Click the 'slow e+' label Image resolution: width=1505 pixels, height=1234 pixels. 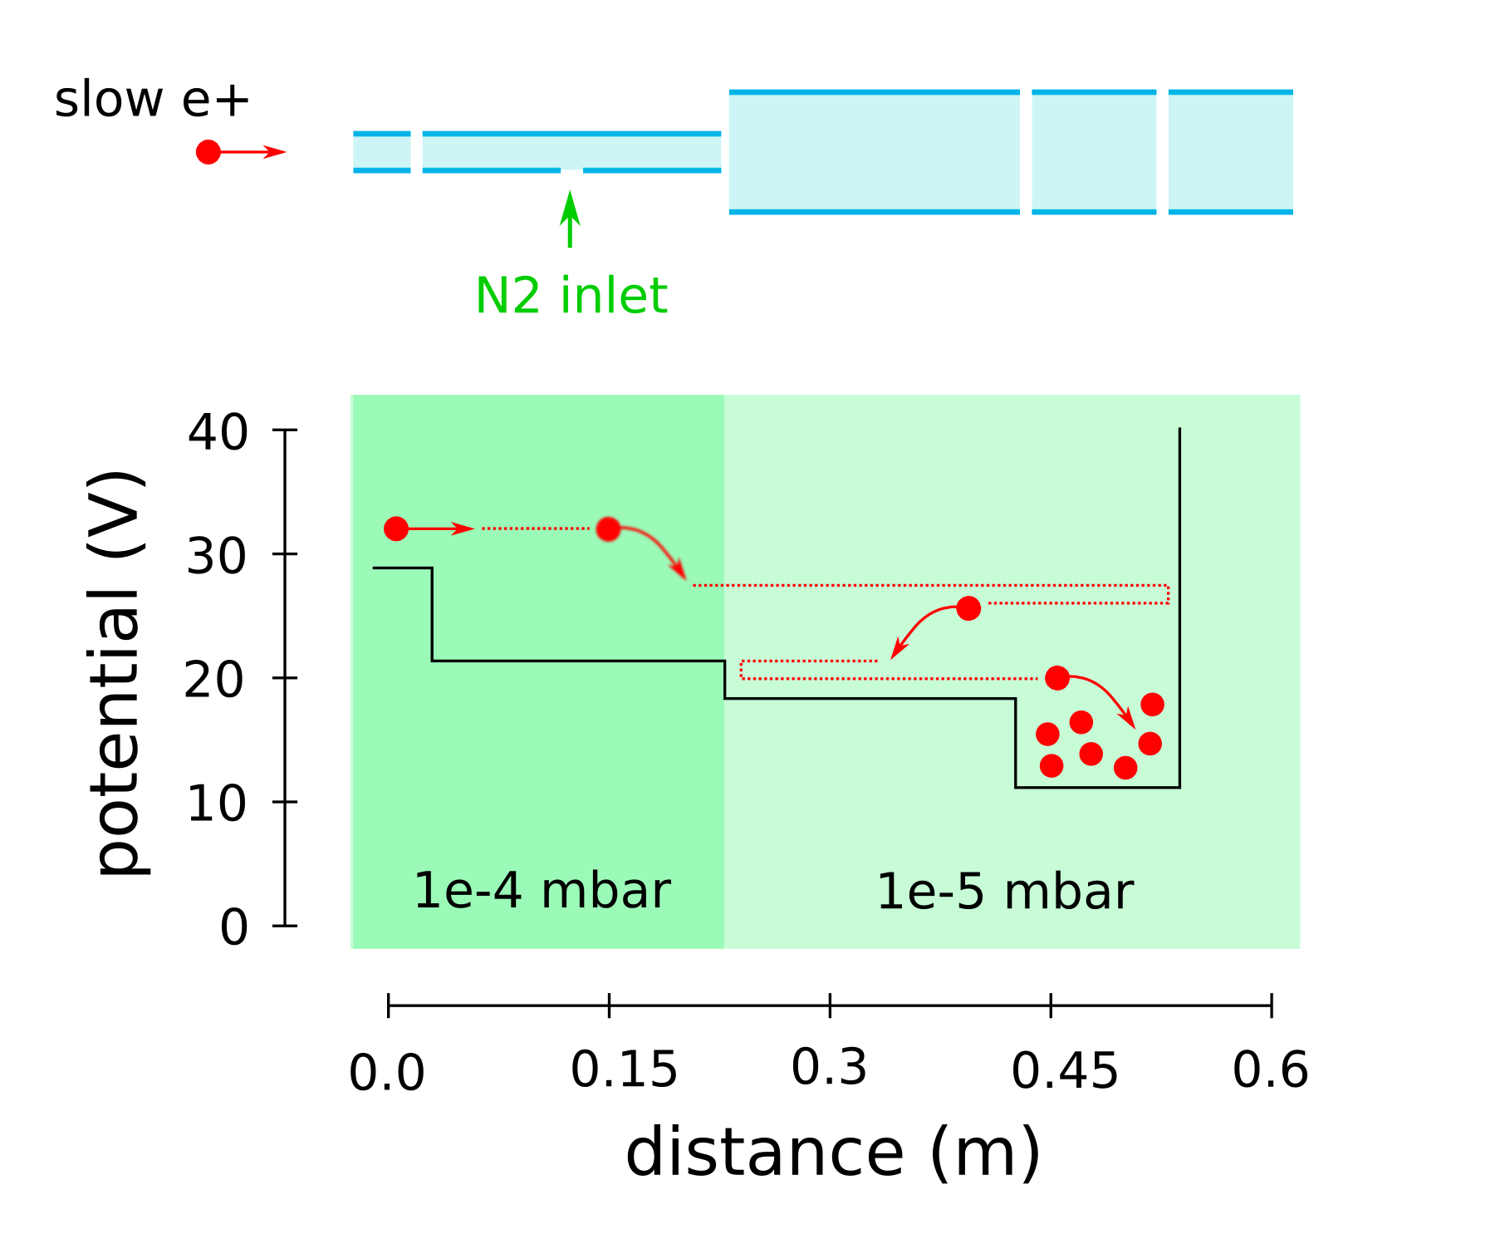click(x=151, y=101)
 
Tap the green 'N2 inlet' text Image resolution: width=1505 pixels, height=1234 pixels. click(x=571, y=296)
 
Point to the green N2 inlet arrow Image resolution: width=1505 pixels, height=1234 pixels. click(x=570, y=219)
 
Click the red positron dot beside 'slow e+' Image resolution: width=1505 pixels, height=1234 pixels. click(x=208, y=152)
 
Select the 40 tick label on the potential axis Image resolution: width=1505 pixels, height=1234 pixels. click(x=218, y=432)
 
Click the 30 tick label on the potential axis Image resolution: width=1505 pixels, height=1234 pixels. click(x=217, y=556)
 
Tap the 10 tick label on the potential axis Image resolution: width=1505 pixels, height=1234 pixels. click(x=217, y=804)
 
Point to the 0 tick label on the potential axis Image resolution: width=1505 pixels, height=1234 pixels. click(x=233, y=927)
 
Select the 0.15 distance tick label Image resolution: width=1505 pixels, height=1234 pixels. click(x=624, y=1069)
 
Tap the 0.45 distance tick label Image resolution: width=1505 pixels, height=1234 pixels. click(x=1065, y=1070)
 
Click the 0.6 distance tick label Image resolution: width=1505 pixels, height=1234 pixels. click(x=1270, y=1069)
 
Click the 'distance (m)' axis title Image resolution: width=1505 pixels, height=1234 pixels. click(x=832, y=1153)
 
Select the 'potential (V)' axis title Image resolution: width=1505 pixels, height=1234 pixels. click(x=119, y=673)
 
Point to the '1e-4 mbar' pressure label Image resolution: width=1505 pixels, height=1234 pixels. click(x=542, y=891)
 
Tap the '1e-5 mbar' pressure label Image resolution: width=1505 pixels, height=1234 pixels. click(x=1005, y=892)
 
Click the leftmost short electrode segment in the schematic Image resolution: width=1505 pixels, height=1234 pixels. click(x=382, y=152)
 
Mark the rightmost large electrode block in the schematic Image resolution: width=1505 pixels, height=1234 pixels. click(x=1230, y=152)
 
